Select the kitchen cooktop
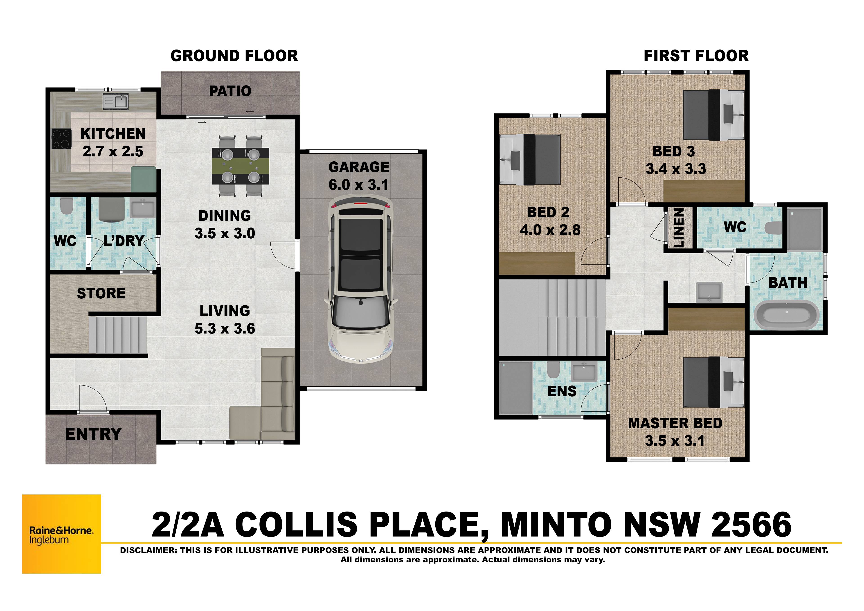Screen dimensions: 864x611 point(61,139)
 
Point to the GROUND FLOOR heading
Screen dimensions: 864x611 point(234,56)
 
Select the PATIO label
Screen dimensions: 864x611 point(230,91)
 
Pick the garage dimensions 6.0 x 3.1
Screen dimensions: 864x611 point(358,185)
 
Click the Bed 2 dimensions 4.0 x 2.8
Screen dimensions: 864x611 point(550,230)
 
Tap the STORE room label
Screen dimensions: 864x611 point(101,293)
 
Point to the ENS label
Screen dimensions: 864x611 point(562,392)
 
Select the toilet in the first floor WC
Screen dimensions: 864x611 point(774,228)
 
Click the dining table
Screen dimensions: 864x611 point(241,166)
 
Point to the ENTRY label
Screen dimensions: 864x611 point(93,434)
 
